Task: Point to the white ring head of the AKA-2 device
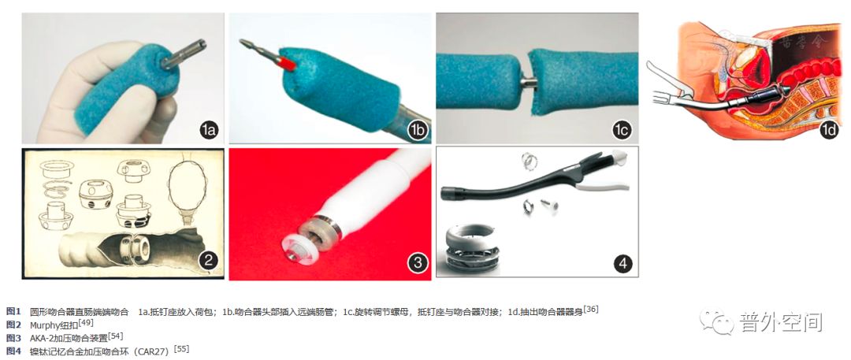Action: pyautogui.click(x=302, y=243)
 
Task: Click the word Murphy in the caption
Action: pyautogui.click(x=46, y=324)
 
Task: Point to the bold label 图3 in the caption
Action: pyautogui.click(x=13, y=337)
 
